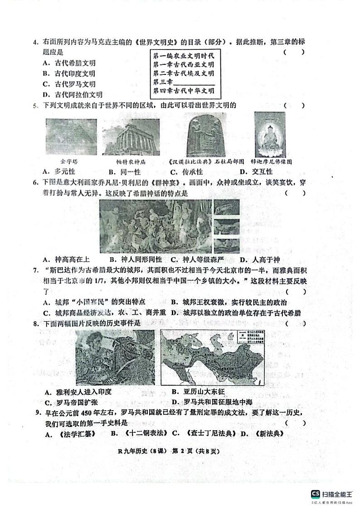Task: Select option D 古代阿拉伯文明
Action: (72, 95)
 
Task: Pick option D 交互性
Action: (256, 172)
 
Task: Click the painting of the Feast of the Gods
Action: (156, 226)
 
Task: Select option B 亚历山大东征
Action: (198, 392)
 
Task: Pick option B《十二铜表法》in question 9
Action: (139, 433)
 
